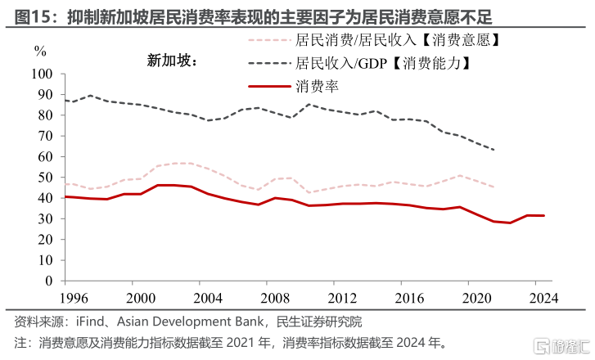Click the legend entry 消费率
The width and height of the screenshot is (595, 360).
click(x=317, y=85)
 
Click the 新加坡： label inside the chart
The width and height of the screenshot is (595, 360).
click(x=174, y=60)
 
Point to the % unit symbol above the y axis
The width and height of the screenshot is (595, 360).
click(x=40, y=51)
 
